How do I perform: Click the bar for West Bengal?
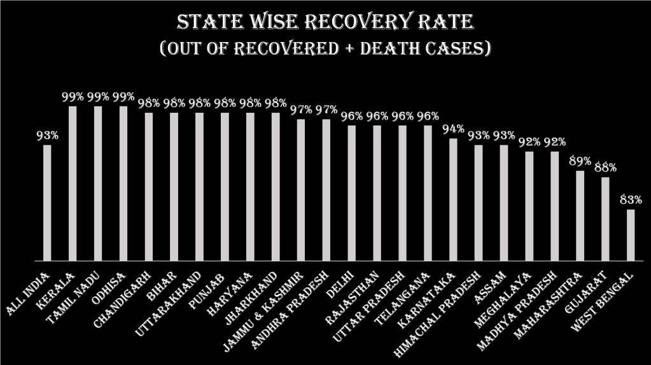point(631,235)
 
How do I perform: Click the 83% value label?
point(630,199)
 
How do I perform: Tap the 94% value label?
point(453,129)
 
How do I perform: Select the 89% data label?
point(580,161)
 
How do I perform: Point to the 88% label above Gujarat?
point(605,168)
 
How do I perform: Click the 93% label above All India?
point(47,135)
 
